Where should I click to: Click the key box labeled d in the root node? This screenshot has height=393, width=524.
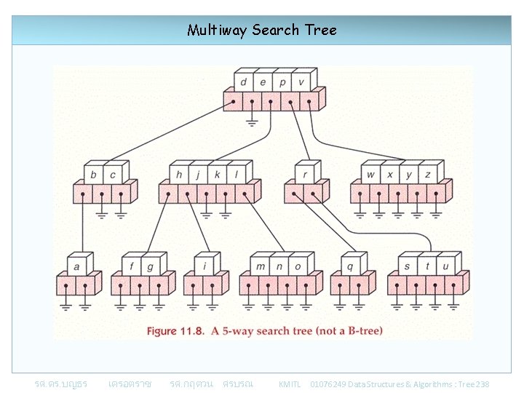[243, 82]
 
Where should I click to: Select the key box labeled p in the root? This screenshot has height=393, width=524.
[282, 82]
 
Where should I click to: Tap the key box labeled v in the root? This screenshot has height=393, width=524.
[301, 82]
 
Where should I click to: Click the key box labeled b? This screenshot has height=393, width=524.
[93, 175]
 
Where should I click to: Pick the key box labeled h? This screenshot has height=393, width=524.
[179, 175]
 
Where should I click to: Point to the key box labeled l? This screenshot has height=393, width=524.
[237, 175]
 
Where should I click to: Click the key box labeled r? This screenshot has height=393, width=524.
[304, 175]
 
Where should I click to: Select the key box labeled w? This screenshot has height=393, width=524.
[370, 175]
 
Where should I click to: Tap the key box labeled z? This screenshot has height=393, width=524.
[428, 175]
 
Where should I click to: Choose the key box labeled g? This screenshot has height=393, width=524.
[151, 266]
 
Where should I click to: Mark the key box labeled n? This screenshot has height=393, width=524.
[279, 266]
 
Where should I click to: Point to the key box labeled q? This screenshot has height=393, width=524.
[349, 266]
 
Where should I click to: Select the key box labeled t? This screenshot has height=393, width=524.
[426, 266]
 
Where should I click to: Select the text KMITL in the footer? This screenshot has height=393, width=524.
[290, 384]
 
